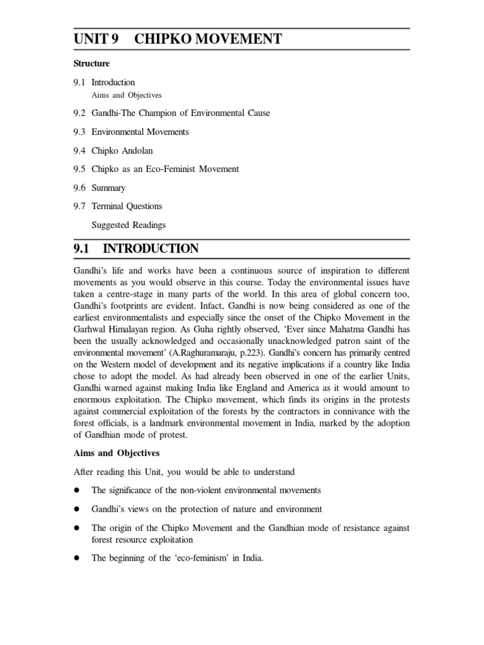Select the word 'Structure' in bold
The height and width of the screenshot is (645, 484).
(91, 64)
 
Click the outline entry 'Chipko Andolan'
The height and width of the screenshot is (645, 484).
(122, 151)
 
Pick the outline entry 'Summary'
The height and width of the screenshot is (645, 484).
(108, 188)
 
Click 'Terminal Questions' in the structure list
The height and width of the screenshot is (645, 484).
(127, 206)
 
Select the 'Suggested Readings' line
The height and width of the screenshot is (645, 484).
(129, 224)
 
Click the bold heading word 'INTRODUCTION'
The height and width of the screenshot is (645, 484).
(151, 249)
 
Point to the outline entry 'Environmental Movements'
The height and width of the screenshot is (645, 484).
(140, 132)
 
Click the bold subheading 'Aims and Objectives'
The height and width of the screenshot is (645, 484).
(118, 453)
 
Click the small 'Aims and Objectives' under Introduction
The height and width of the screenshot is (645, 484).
(127, 96)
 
